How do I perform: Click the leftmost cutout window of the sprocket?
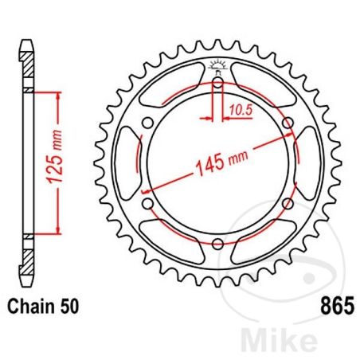click(128, 163)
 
